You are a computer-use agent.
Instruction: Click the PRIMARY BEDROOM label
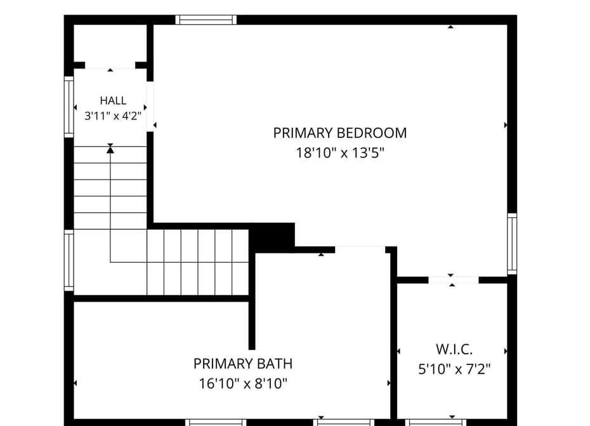(340, 133)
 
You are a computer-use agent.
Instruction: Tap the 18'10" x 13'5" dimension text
(340, 153)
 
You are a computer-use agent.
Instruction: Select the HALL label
(113, 100)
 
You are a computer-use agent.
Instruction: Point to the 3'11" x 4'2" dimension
(113, 116)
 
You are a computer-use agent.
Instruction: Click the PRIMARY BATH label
(243, 364)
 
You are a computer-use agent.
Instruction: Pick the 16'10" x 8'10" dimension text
(243, 383)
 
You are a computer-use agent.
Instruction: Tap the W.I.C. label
(454, 349)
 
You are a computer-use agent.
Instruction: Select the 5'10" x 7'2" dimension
(454, 369)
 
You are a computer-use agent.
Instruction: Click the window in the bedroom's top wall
(206, 20)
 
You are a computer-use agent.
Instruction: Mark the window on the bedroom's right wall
(512, 243)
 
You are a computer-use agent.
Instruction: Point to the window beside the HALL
(69, 107)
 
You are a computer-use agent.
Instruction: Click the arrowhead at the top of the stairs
(110, 150)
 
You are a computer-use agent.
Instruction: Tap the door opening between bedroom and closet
(454, 280)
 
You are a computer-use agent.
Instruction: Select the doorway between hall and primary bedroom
(150, 106)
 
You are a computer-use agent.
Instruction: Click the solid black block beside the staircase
(272, 236)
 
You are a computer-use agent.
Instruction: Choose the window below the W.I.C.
(435, 423)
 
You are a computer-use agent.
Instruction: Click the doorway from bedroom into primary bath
(360, 250)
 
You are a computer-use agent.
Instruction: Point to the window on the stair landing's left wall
(69, 260)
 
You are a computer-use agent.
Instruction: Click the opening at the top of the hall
(110, 65)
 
